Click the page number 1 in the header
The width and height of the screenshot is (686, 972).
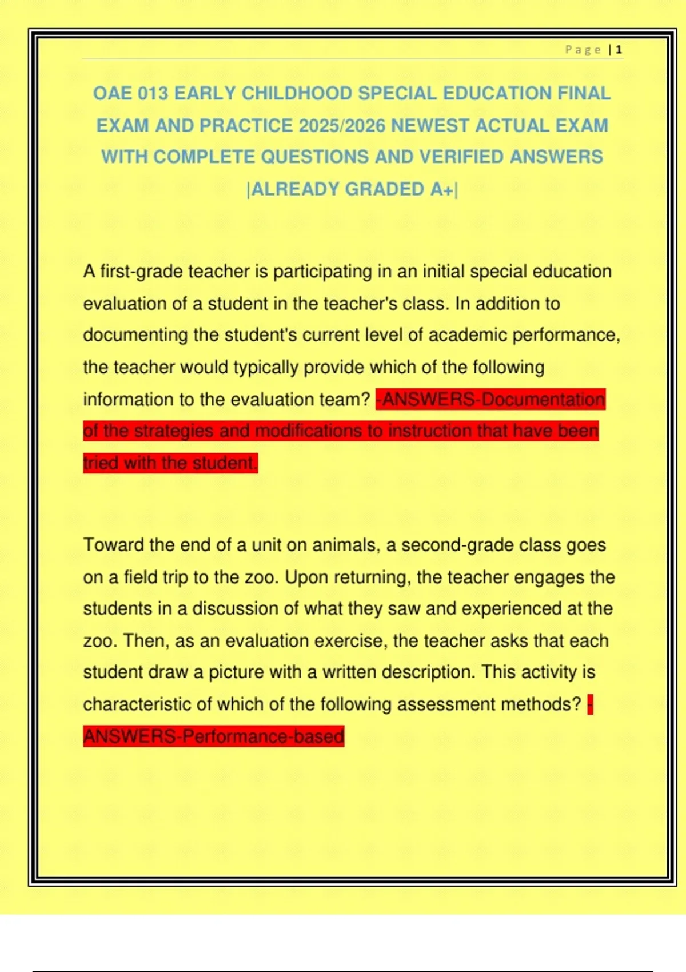[x=619, y=50]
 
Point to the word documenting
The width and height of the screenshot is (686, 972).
[x=135, y=335]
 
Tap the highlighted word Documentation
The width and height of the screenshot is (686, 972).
[x=543, y=399]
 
